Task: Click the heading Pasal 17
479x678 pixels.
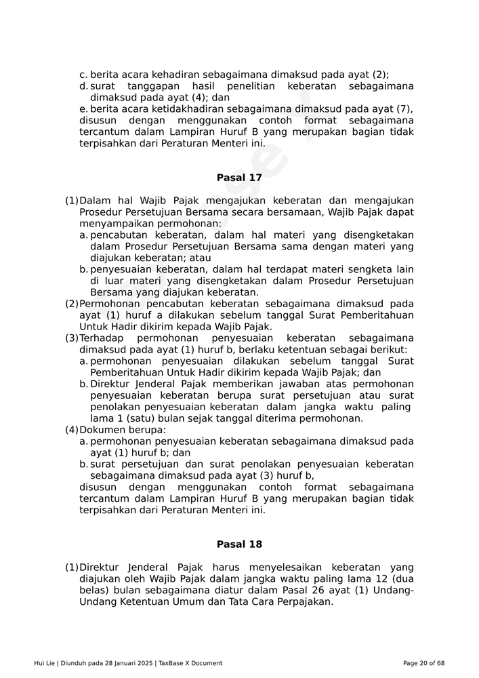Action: pos(239,178)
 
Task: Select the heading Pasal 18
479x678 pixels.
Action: pos(239,544)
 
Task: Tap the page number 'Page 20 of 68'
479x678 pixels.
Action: pos(423,663)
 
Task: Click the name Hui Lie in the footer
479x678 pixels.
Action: pos(45,663)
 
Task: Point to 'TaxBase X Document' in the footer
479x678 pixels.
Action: pos(190,663)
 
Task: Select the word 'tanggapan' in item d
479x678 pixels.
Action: pos(152,86)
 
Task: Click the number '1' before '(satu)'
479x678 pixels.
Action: pos(93,419)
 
